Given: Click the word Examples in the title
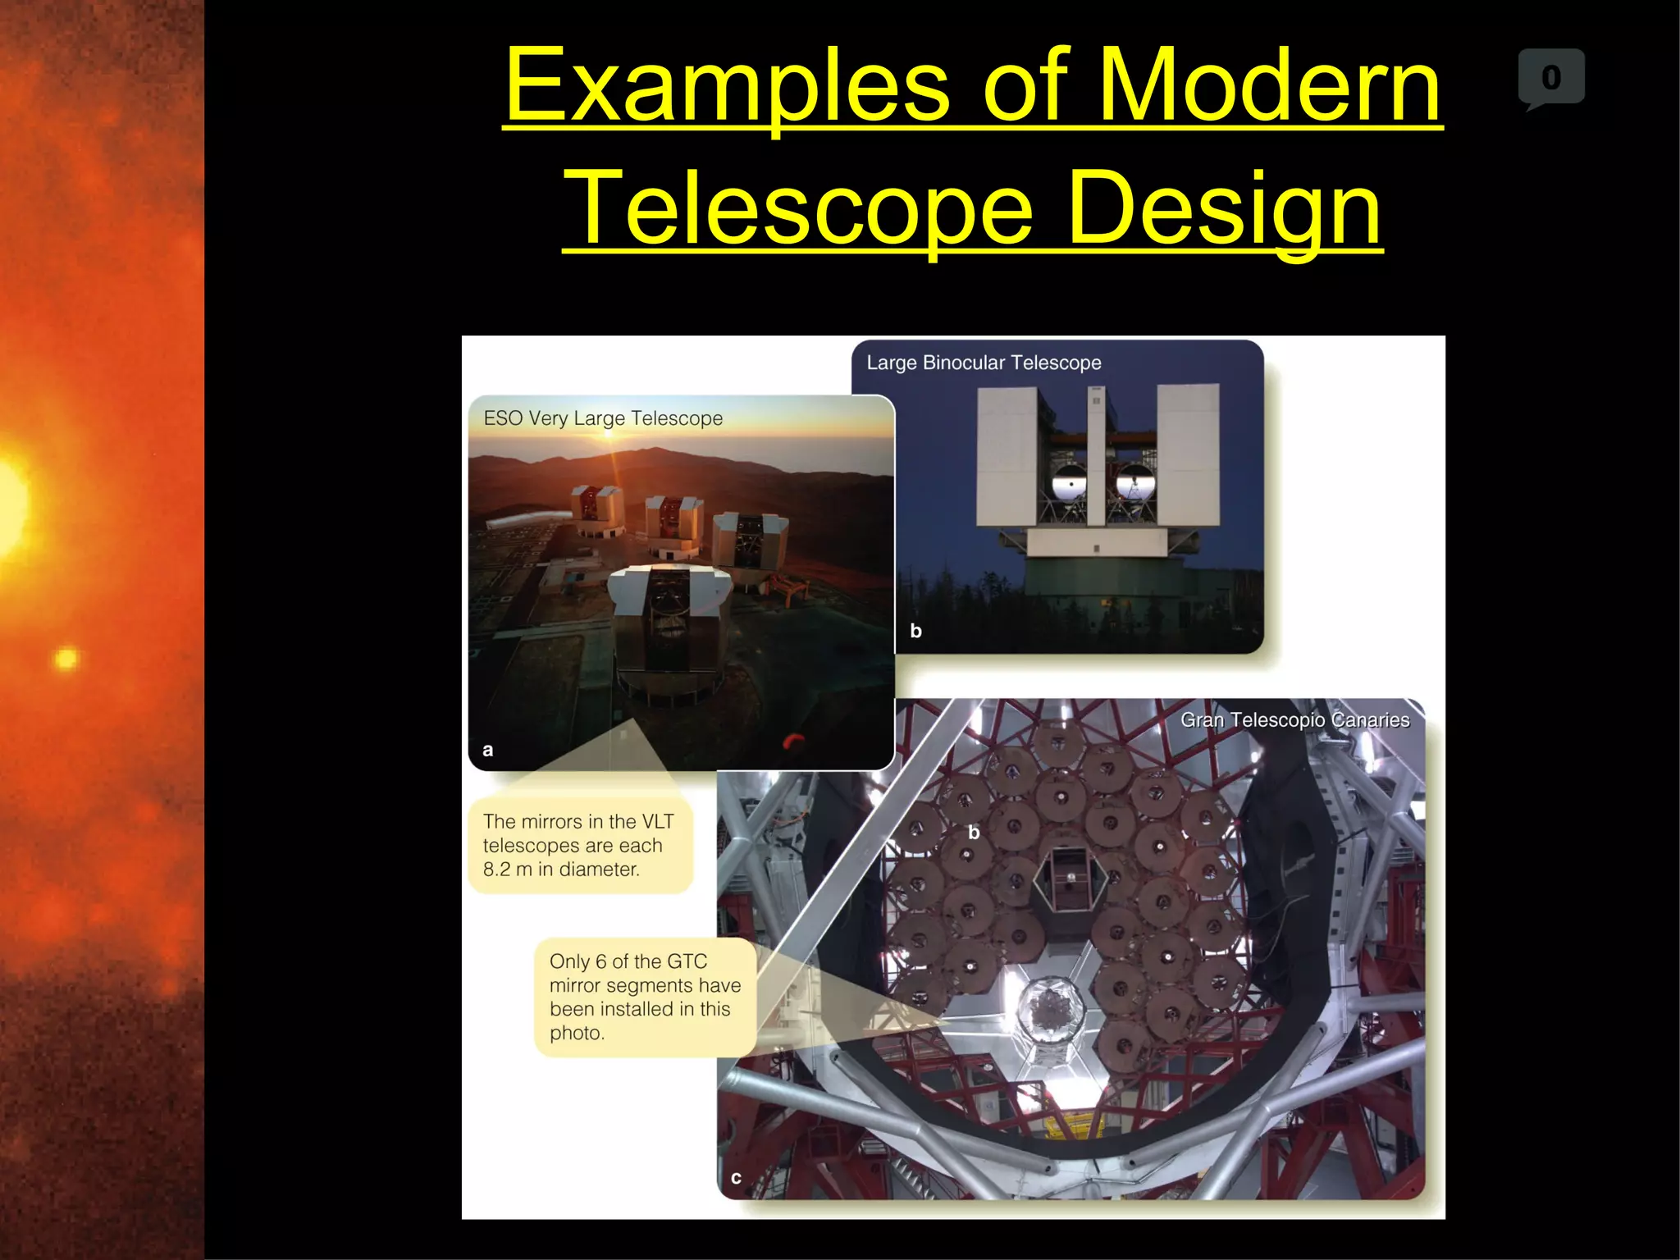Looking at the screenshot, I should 727,86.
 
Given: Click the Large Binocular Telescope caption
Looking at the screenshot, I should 984,363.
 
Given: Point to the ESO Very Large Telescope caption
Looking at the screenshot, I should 603,418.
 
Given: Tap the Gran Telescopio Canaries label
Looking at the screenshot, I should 1294,720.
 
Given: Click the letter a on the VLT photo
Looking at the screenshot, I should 488,750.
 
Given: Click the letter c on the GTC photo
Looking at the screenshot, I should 736,1178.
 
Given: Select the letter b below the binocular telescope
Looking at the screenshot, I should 915,631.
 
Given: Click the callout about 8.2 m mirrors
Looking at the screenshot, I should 579,845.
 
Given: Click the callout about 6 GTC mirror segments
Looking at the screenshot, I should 645,997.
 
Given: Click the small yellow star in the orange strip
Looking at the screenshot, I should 66,659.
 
